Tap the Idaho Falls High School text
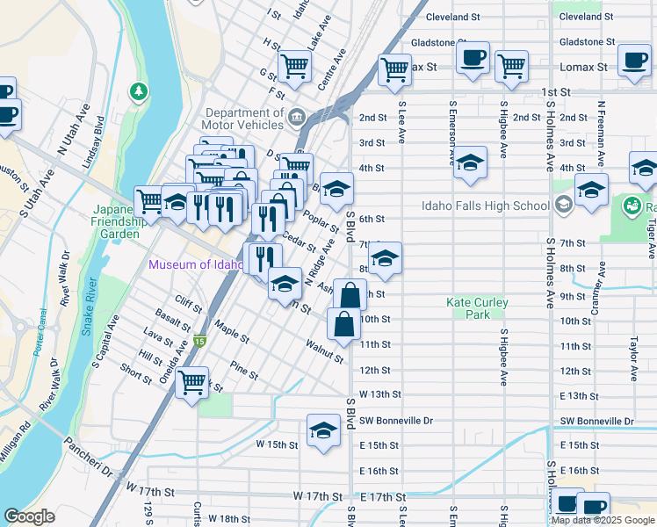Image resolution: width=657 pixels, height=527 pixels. [x=485, y=206]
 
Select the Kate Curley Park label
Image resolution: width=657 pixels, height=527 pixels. [x=477, y=308]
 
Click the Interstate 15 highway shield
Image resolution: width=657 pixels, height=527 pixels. [x=199, y=341]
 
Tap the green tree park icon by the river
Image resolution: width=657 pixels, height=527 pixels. [x=138, y=90]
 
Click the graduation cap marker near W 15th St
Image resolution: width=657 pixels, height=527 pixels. [x=323, y=430]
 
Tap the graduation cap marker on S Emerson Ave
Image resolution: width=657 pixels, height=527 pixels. [x=471, y=162]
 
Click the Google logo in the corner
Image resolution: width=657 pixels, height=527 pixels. [x=29, y=517]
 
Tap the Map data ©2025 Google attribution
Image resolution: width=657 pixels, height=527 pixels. [x=603, y=520]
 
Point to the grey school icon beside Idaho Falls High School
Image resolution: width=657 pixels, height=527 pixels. [x=563, y=206]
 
